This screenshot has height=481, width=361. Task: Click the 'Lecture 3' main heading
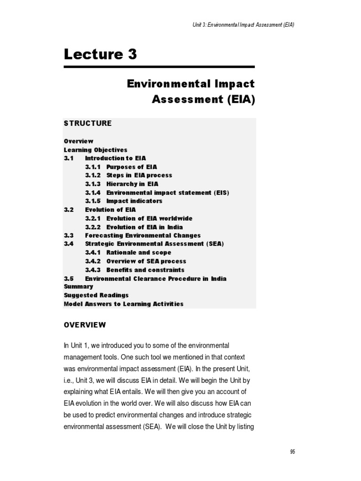tap(101, 55)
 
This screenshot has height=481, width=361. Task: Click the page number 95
tap(292, 452)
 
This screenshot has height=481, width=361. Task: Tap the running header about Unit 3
tap(240, 25)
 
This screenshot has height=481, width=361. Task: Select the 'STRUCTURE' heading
tap(88, 124)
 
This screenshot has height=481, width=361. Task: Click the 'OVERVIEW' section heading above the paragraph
tap(85, 325)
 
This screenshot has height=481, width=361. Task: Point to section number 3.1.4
tap(93, 193)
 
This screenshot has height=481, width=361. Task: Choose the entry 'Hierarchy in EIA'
tap(133, 184)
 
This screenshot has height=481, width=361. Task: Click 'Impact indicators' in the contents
tap(134, 201)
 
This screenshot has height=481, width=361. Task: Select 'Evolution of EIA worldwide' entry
tap(149, 218)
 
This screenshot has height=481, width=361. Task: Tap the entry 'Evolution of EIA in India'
tap(145, 227)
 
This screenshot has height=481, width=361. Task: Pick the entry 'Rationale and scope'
tap(139, 253)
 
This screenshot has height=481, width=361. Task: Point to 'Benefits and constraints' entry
tap(145, 270)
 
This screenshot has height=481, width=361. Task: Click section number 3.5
tap(69, 279)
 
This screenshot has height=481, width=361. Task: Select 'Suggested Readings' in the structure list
tap(96, 295)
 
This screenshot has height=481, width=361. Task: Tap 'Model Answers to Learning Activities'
tap(124, 304)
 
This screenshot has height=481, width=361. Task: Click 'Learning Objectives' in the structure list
tap(95, 150)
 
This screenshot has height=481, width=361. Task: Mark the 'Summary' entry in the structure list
tap(78, 287)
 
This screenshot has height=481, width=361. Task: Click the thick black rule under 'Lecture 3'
tap(159, 67)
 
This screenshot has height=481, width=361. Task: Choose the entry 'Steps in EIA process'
tap(139, 175)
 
